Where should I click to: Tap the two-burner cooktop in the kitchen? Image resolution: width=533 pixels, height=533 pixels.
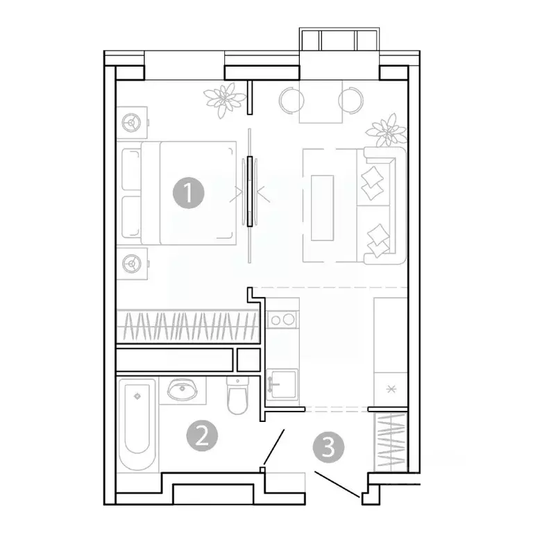pos(282,319)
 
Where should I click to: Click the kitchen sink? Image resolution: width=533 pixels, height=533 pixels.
pos(282,382)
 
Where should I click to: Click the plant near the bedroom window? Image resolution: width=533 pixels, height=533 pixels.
pos(222,100)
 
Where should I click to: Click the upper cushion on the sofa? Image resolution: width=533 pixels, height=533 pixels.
pos(374,177)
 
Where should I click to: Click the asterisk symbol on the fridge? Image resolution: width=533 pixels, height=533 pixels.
pos(389,389)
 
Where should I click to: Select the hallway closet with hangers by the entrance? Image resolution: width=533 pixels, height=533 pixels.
pos(389,441)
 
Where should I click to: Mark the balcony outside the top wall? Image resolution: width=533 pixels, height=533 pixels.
pos(339,40)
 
